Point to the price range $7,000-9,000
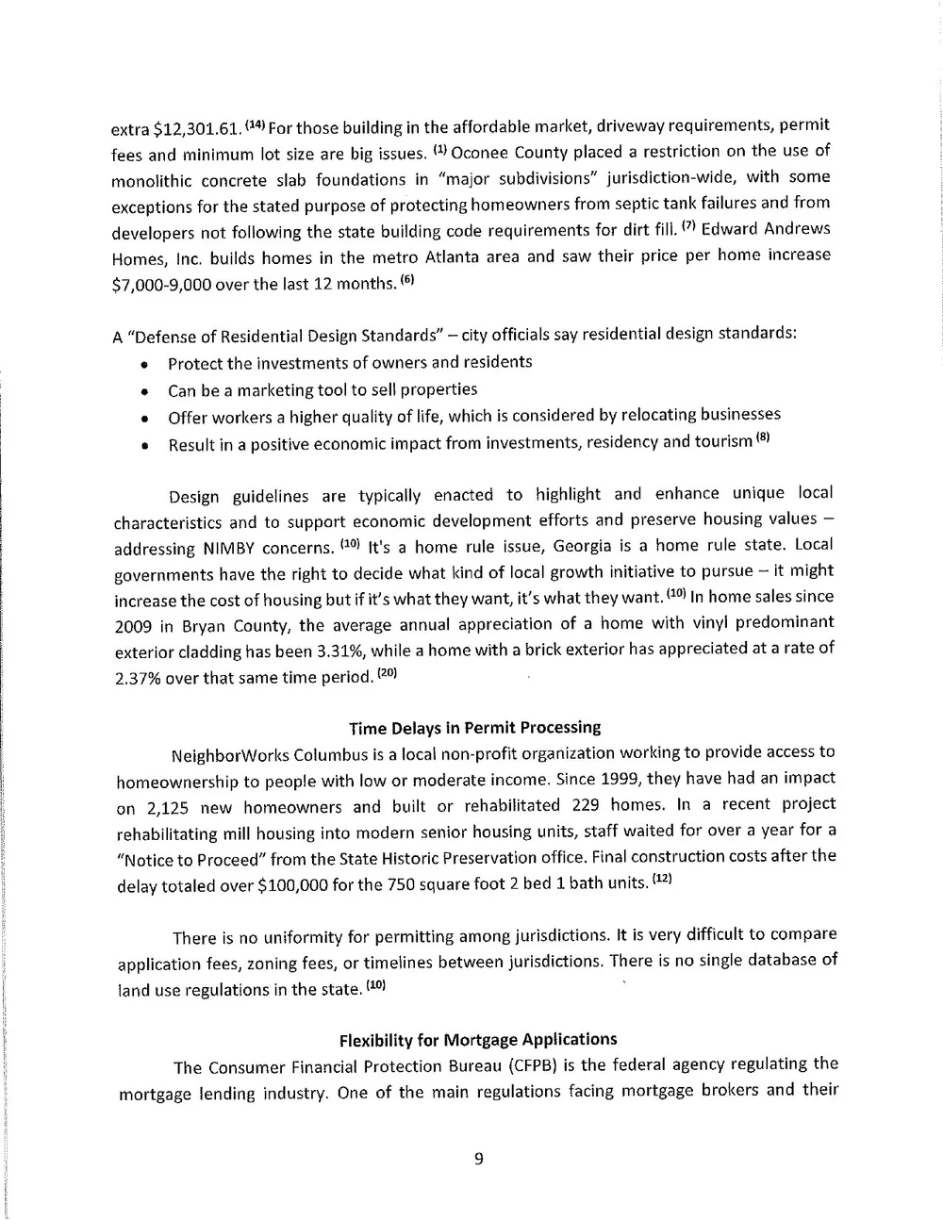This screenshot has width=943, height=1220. click(161, 284)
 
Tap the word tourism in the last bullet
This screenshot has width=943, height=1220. click(723, 441)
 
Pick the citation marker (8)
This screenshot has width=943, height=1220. click(763, 437)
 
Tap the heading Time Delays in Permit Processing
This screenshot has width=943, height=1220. click(474, 728)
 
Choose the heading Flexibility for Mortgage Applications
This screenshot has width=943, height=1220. click(477, 1040)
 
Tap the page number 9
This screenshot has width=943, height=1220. click(478, 1160)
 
